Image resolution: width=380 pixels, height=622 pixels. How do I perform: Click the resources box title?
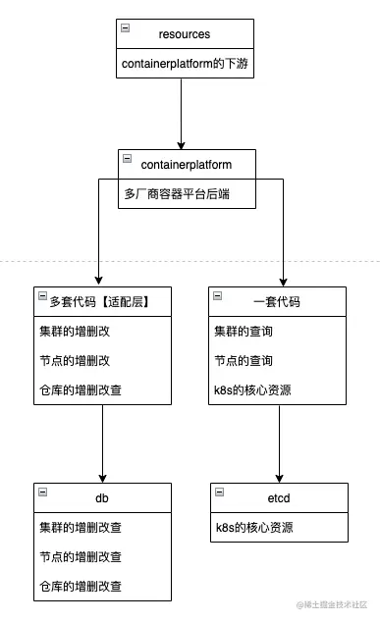(x=185, y=33)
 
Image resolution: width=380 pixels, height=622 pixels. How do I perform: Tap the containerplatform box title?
(x=186, y=161)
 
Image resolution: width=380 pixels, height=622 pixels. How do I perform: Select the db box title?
(x=102, y=498)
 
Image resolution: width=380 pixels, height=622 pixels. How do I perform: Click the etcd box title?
(x=279, y=498)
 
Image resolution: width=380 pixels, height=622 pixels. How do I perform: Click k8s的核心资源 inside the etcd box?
(x=255, y=528)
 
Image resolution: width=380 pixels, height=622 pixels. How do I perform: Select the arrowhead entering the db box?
(x=103, y=476)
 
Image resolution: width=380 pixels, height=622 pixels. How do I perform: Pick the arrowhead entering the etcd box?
(x=280, y=476)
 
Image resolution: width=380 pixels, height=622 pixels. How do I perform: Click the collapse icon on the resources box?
(x=124, y=29)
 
